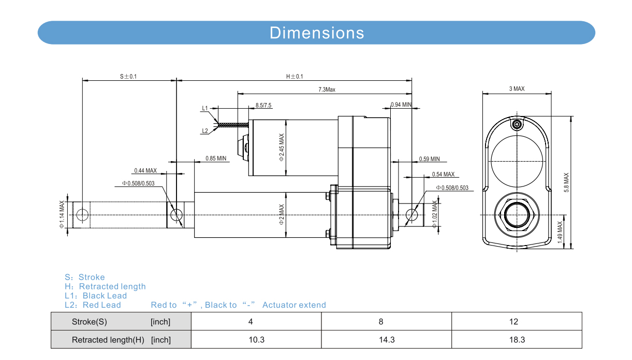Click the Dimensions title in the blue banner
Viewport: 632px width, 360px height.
click(x=317, y=33)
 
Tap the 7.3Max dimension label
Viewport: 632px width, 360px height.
click(x=327, y=90)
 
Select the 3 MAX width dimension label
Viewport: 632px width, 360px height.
click(x=517, y=89)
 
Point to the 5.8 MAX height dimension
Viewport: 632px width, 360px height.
click(x=566, y=183)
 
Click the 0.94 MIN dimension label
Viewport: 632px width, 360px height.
click(x=401, y=105)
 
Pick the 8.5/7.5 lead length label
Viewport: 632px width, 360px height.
click(x=263, y=106)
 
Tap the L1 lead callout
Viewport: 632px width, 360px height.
click(x=205, y=108)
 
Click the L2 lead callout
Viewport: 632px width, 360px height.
click(x=205, y=131)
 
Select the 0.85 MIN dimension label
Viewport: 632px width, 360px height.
click(x=216, y=158)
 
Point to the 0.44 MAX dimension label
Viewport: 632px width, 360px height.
click(x=145, y=170)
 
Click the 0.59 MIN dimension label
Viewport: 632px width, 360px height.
click(x=429, y=159)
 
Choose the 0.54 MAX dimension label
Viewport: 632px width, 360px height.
click(x=443, y=175)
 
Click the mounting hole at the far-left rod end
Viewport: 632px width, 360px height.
click(x=82, y=214)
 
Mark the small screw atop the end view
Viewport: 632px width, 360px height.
click(x=517, y=125)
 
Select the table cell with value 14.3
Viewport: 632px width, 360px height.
click(x=387, y=340)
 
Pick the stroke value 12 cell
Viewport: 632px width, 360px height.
click(x=513, y=322)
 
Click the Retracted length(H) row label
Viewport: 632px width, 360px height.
click(x=108, y=340)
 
